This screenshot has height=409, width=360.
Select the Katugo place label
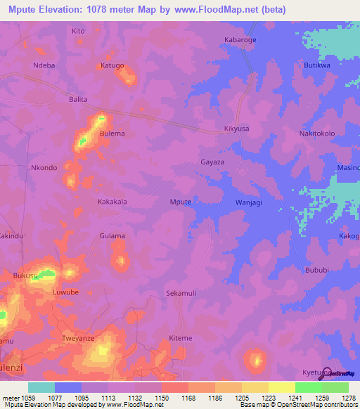tap(112, 65)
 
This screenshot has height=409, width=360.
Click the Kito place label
tap(78, 31)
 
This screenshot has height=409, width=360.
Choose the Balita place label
tap(78, 100)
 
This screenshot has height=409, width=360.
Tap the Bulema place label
tap(112, 134)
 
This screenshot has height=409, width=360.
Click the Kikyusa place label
tap(236, 129)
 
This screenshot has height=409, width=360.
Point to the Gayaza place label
tap(212, 162)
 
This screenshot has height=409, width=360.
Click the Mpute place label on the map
tap(181, 202)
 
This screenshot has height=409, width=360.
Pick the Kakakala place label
tap(112, 202)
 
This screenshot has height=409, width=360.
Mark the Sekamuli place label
tap(180, 292)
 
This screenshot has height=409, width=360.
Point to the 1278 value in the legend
tap(349, 396)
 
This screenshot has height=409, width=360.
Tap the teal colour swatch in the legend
tap(41, 387)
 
